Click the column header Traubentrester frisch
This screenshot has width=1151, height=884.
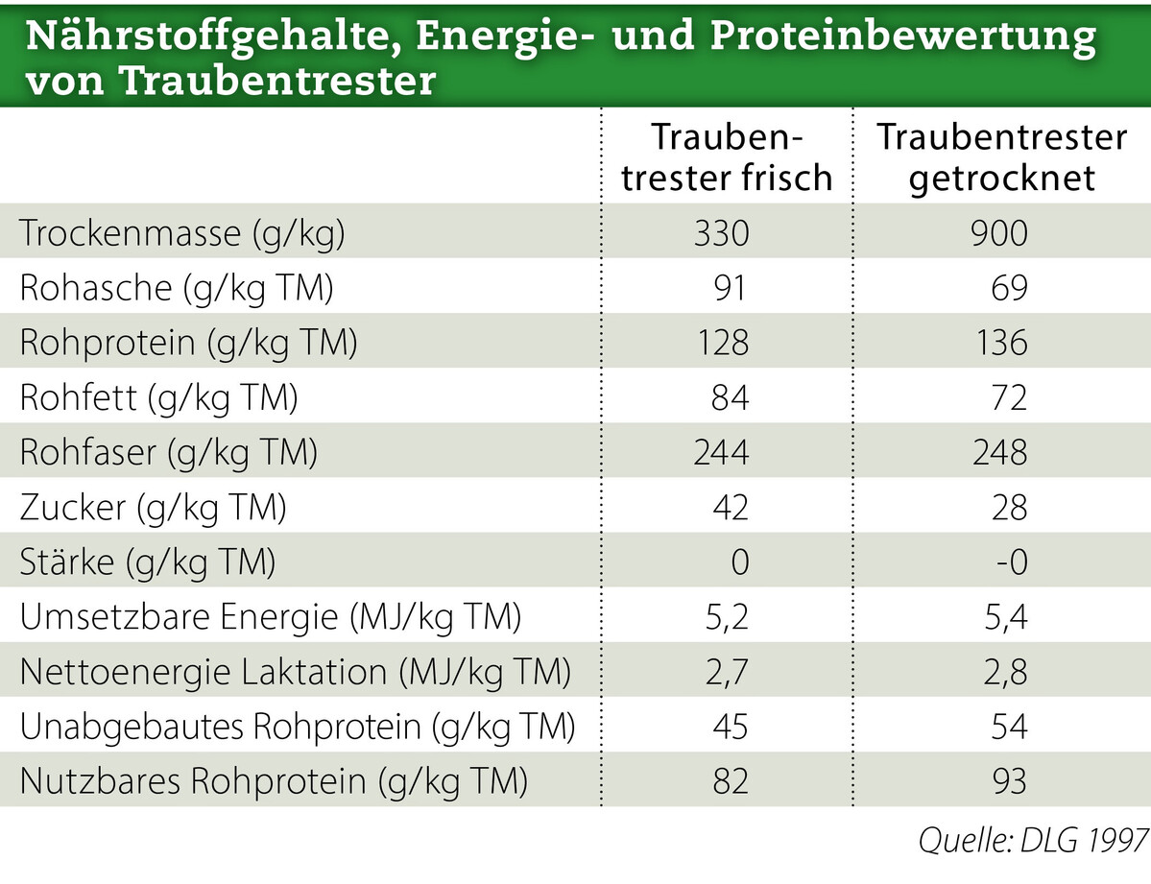point(727,158)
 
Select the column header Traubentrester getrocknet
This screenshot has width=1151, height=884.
point(1001,158)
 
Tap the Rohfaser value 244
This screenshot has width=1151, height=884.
point(721,452)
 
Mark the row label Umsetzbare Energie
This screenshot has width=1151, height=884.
point(270,617)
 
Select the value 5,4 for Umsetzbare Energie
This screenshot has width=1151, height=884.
point(1004,617)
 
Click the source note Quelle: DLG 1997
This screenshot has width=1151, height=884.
point(1033,841)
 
